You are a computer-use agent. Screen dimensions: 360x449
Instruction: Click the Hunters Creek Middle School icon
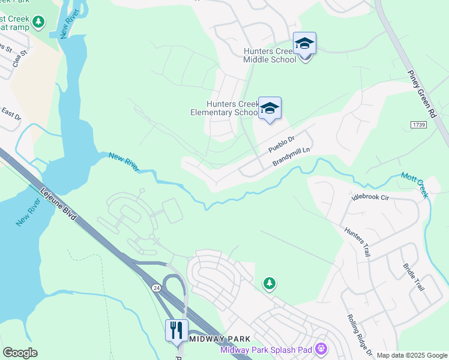(304, 44)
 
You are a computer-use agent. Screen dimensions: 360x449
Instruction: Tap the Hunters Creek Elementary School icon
(270, 109)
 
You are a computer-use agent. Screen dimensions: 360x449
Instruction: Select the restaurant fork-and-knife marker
(176, 331)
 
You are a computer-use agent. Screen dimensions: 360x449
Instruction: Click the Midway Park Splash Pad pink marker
(322, 348)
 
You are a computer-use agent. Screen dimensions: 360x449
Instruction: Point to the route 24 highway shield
(157, 287)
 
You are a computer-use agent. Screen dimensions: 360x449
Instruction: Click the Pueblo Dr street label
(281, 144)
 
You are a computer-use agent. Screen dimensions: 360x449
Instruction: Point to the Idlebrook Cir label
(372, 197)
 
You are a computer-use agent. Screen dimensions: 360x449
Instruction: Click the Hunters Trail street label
(358, 242)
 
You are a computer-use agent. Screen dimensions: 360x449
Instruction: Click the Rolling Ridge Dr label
(361, 336)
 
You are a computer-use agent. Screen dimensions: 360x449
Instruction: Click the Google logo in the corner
(20, 353)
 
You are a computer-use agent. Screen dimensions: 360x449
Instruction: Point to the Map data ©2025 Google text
(412, 355)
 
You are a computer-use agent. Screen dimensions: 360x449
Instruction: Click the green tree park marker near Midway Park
(270, 283)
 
